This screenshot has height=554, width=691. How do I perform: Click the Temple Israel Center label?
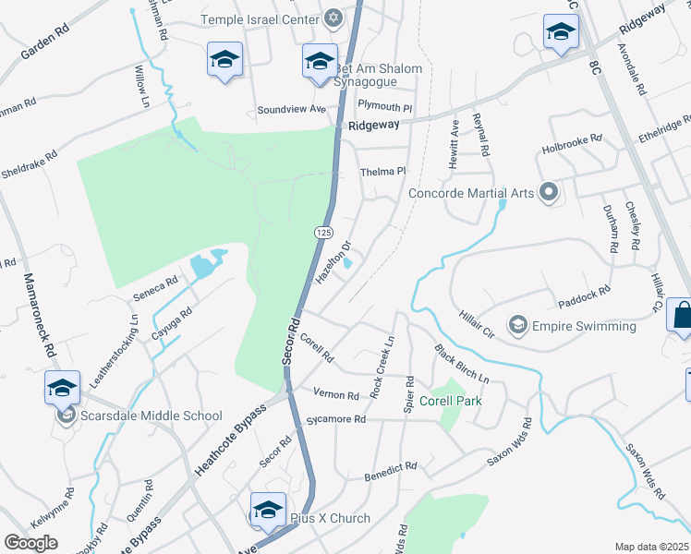click(261, 19)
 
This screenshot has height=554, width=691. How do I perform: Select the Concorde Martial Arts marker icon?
click(549, 192)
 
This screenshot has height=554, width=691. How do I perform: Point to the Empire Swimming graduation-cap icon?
click(519, 325)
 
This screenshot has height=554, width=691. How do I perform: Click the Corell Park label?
click(450, 401)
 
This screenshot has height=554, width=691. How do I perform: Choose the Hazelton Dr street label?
click(334, 263)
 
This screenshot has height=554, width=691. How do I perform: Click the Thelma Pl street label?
click(382, 172)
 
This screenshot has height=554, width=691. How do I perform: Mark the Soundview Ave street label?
click(292, 109)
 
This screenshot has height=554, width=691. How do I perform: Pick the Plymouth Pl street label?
click(384, 106)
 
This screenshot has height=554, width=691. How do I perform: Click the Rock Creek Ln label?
click(382, 367)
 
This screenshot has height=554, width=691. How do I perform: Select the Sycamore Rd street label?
click(339, 419)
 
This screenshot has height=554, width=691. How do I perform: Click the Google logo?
click(30, 543)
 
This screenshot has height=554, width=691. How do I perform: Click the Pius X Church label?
click(330, 518)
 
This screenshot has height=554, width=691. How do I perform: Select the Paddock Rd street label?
click(585, 295)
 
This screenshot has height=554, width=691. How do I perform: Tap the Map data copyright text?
click(652, 546)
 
